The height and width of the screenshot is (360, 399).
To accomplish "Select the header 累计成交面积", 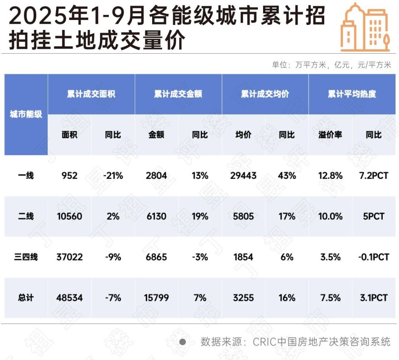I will click(91, 94).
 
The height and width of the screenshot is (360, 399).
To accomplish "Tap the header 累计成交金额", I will click(178, 94).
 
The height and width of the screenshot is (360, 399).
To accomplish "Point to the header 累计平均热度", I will click(352, 94).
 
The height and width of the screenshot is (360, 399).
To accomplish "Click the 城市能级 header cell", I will click(26, 114).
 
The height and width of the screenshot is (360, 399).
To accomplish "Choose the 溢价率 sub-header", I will click(330, 135).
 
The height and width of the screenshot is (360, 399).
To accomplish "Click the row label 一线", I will click(26, 175).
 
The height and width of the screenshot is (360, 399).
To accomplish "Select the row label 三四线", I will click(26, 257).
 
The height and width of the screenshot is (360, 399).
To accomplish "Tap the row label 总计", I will click(26, 298).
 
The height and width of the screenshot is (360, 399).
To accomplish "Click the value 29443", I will click(243, 175).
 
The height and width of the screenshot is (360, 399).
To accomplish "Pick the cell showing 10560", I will click(69, 216).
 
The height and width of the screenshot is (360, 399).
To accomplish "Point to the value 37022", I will click(69, 257).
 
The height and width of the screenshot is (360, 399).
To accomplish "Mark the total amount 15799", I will click(156, 298).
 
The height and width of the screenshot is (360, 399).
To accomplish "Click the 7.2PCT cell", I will click(373, 175).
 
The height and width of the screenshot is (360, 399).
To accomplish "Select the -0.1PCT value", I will click(373, 257).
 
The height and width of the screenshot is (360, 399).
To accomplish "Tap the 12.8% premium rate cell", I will click(330, 175).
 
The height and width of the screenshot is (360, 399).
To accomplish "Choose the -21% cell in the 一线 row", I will click(113, 175).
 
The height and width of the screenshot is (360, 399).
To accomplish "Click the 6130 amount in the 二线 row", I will click(156, 216).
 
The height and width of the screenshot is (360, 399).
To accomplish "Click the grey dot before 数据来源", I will click(182, 342).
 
